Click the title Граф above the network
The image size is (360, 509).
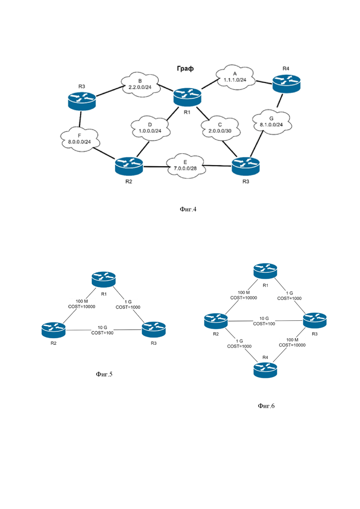click(185, 68)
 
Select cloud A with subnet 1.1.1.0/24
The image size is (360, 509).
click(235, 77)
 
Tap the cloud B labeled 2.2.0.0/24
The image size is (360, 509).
click(140, 85)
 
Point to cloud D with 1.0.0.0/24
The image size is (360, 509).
click(150, 128)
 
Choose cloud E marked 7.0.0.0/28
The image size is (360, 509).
click(185, 166)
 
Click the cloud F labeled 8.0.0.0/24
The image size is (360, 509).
click(79, 139)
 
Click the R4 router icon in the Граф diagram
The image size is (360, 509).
click(286, 84)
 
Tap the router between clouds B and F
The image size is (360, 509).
click(82, 101)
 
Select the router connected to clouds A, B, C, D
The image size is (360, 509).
click(187, 97)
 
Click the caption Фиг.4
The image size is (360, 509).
click(188, 209)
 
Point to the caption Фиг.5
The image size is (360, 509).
click(104, 374)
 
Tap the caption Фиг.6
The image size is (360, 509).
click(266, 406)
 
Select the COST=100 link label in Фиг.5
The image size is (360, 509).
click(102, 333)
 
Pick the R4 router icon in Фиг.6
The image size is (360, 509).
click(265, 370)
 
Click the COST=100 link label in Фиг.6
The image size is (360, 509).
click(264, 323)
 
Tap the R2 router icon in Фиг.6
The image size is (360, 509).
click(216, 321)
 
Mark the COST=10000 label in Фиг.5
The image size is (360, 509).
click(82, 306)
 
